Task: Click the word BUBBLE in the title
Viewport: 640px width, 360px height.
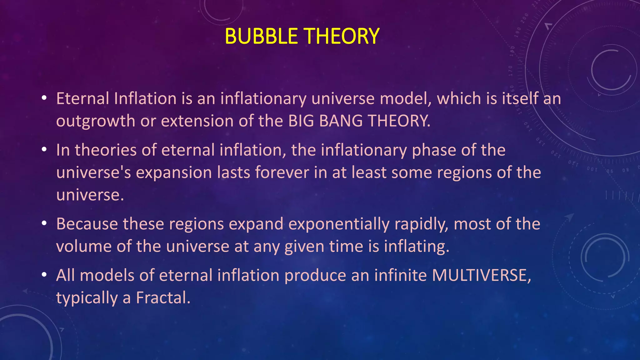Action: tap(261, 36)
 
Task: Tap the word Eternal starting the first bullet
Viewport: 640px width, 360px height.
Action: tap(82, 99)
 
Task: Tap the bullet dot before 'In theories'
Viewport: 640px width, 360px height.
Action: tap(44, 150)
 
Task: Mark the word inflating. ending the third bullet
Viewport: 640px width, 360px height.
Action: tap(417, 247)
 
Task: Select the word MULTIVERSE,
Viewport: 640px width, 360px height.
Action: tap(481, 276)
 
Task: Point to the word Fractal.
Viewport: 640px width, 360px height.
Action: tap(163, 298)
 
